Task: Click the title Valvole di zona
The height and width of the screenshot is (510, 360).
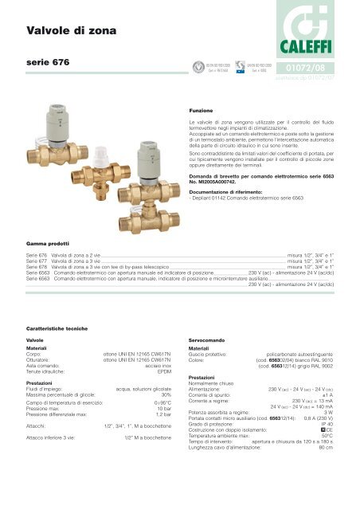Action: tap(69, 31)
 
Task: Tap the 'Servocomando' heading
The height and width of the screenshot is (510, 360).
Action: tap(209, 339)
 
